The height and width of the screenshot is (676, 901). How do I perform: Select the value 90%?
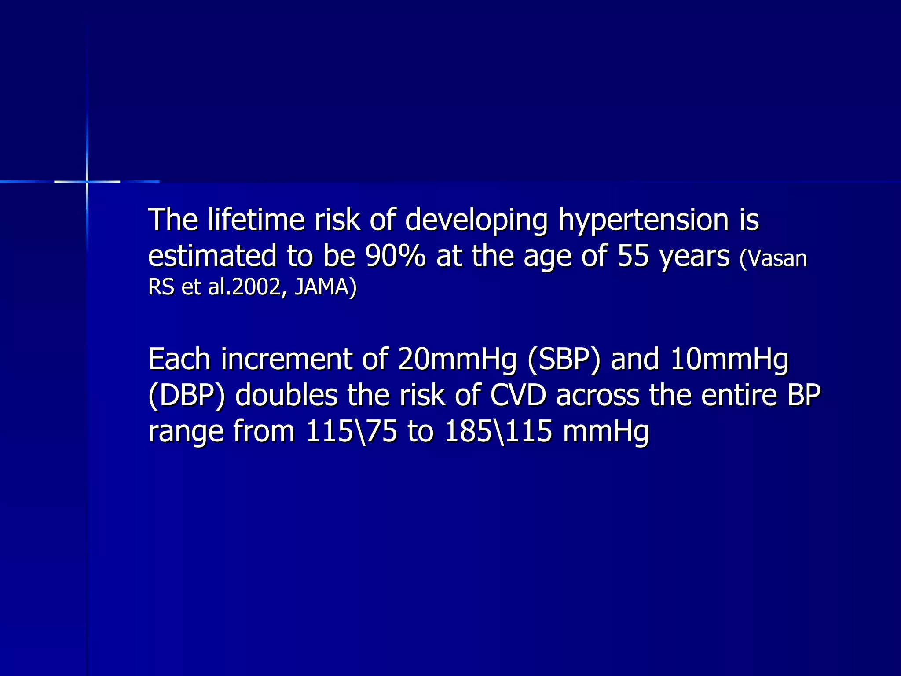point(395,256)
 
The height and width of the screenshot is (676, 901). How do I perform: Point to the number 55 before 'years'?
point(633,256)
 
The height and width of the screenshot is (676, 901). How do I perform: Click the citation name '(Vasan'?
point(773,258)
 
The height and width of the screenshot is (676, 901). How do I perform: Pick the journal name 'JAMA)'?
point(325,287)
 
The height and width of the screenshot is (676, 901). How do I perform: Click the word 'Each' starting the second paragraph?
point(179,359)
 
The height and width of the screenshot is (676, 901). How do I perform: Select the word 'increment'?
point(286,359)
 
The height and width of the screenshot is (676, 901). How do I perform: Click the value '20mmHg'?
point(457,360)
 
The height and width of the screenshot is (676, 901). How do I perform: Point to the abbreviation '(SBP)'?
point(564,360)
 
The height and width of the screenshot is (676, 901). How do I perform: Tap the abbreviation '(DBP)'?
point(187,396)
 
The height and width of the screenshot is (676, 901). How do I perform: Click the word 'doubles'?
point(286,395)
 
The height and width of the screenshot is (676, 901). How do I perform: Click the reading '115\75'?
point(351,431)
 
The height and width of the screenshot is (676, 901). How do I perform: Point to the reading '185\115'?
point(498,431)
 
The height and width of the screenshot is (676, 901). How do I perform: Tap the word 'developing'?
point(476,220)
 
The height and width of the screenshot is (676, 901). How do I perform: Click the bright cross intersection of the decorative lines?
point(87,181)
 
